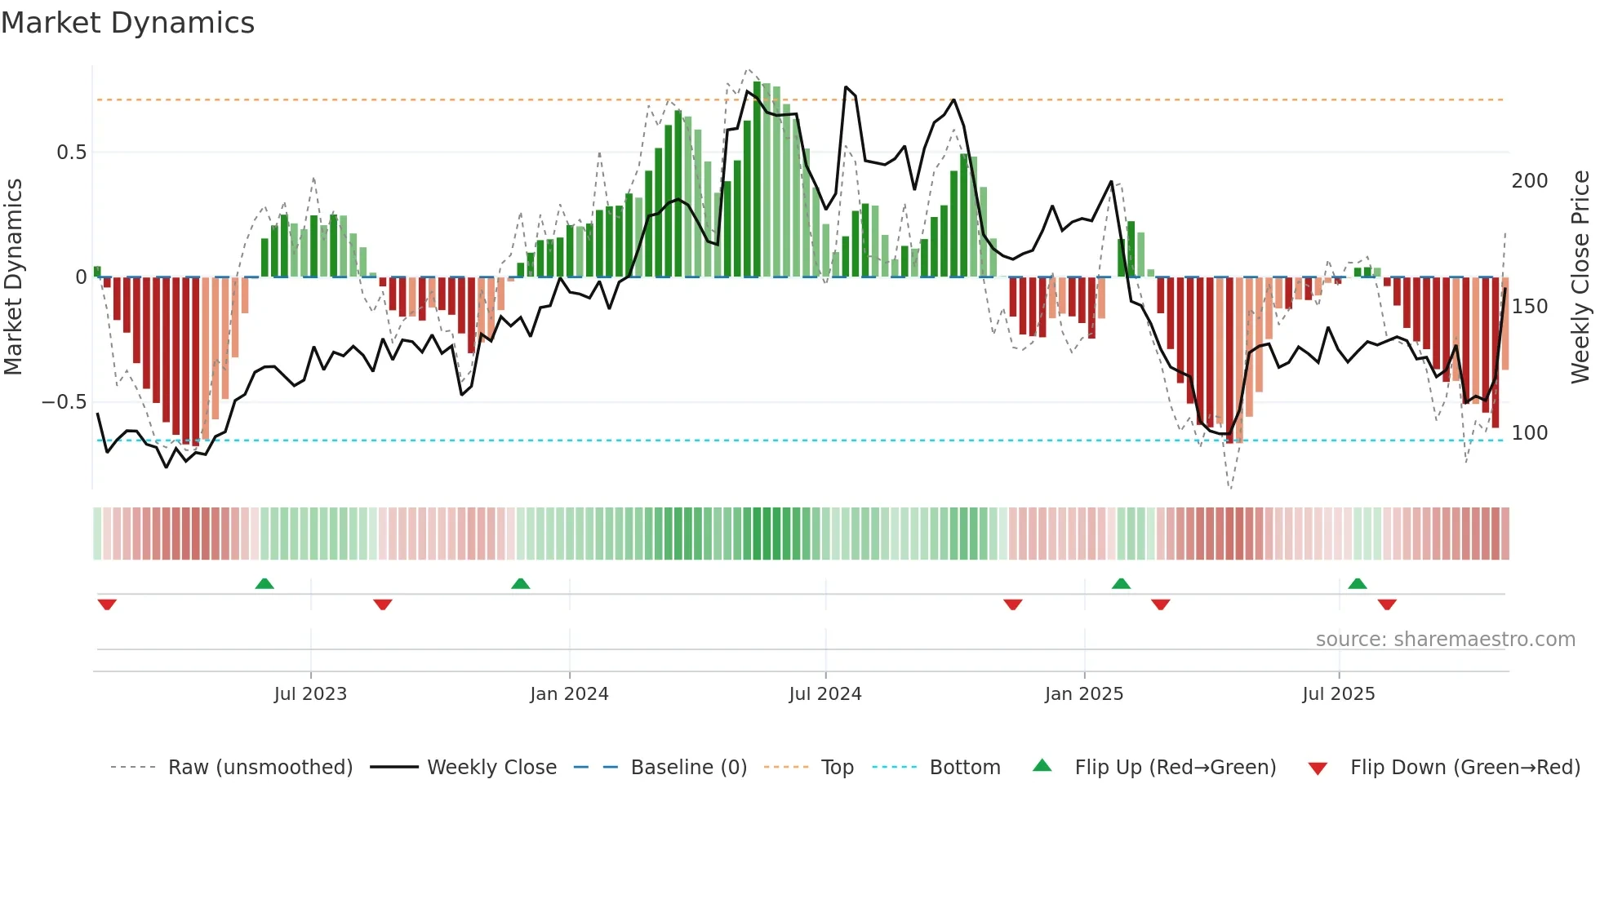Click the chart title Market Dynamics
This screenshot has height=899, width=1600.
[x=128, y=23]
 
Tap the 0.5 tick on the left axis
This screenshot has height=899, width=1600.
[x=71, y=153]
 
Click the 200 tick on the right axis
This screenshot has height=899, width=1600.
[x=1529, y=181]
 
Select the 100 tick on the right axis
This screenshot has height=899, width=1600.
[x=1529, y=433]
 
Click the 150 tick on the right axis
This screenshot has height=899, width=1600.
[x=1529, y=307]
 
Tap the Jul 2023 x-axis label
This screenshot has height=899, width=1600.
[x=310, y=694]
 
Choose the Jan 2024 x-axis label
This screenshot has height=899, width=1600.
[x=569, y=694]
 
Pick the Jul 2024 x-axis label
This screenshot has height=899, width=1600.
[x=825, y=694]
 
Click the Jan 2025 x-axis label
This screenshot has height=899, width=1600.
[x=1084, y=694]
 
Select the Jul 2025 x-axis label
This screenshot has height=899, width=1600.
[x=1339, y=694]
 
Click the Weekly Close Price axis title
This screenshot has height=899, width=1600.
[x=1580, y=277]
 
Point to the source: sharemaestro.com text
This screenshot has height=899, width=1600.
[x=1445, y=640]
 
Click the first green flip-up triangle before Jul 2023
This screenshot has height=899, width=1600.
[x=264, y=584]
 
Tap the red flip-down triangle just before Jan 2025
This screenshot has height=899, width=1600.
[x=1013, y=604]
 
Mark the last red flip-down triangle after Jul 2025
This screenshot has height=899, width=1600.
[x=1387, y=604]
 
